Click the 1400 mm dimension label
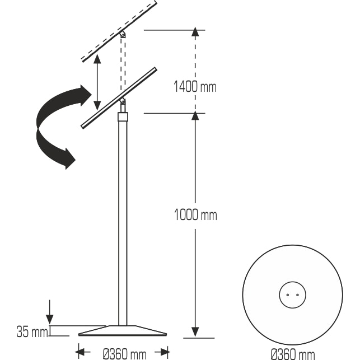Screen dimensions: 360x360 click(x=195, y=87)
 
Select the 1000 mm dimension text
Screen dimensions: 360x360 click(x=195, y=215)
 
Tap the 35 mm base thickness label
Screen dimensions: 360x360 click(x=31, y=332)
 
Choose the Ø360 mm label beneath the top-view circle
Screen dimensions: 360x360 click(x=292, y=353)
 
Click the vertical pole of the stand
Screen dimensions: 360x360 click(x=123, y=224)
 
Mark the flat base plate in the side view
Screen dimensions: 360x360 click(x=123, y=331)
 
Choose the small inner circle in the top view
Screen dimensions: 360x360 click(x=292, y=294)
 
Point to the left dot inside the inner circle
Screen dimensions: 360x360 click(x=288, y=294)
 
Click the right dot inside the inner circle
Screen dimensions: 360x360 click(x=297, y=294)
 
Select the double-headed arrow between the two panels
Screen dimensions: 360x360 click(x=97, y=82)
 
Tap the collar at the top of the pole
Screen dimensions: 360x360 click(x=123, y=117)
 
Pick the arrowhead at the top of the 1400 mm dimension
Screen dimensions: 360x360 click(x=195, y=32)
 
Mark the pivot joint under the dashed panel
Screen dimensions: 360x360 click(x=123, y=35)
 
